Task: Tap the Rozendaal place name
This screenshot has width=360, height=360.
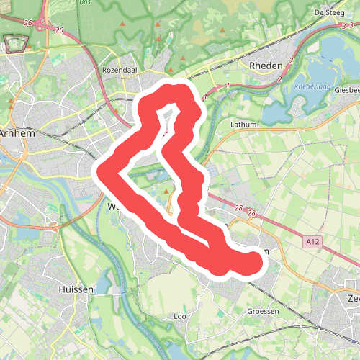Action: point(119,71)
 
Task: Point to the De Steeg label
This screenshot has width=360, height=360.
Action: point(330,12)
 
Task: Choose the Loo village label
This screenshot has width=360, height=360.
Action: point(181,316)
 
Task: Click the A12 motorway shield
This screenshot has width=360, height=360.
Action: point(312,243)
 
